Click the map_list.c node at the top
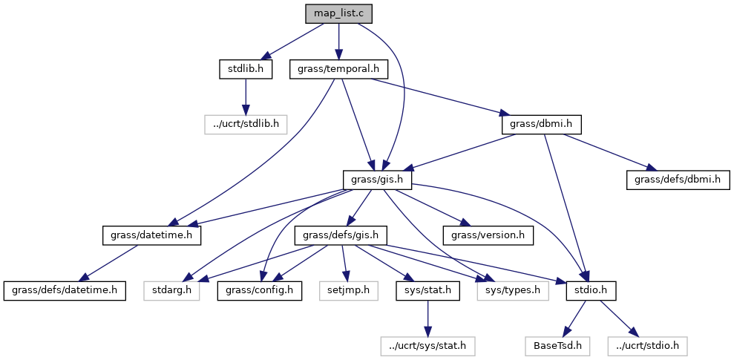338,14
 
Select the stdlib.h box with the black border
245,69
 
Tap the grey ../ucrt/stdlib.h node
246,124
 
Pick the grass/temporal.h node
338,69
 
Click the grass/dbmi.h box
541,124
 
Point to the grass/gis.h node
377,179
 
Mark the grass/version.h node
488,235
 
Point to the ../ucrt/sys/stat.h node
427,345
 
